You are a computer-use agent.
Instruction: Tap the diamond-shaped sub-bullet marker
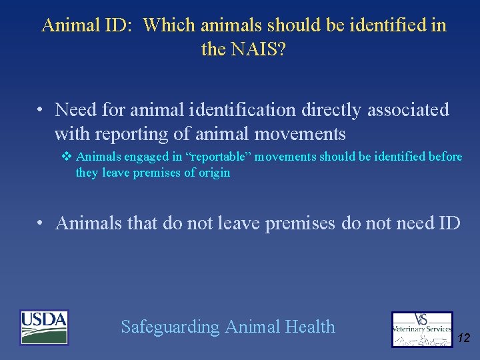tap(66, 157)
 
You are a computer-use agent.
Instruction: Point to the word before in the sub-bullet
tap(445, 157)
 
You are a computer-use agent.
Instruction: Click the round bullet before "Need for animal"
tap(41, 109)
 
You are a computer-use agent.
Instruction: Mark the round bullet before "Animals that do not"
tap(41, 223)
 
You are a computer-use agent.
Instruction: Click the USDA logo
tap(44, 327)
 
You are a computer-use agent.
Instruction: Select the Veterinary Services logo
tap(421, 329)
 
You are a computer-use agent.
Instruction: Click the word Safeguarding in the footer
tap(170, 327)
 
